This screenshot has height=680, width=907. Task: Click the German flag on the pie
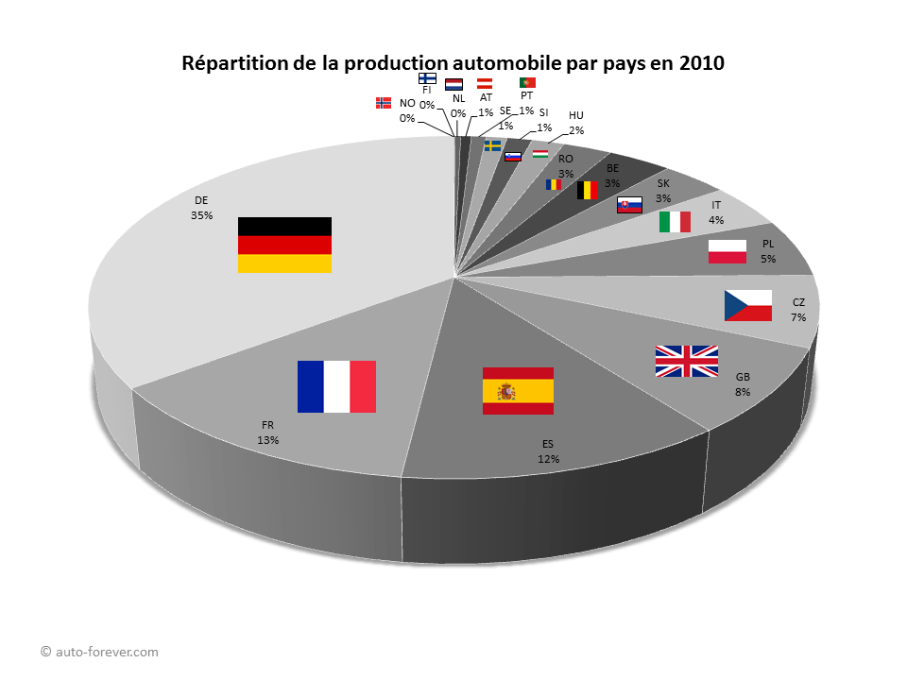click(x=284, y=245)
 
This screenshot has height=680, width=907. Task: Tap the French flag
click(x=336, y=386)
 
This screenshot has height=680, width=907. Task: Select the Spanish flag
click(x=518, y=390)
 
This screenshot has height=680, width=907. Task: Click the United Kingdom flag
click(x=687, y=361)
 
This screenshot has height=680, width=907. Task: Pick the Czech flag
click(x=748, y=305)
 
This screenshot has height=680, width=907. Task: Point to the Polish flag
click(x=727, y=252)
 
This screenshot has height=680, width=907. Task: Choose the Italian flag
click(x=675, y=222)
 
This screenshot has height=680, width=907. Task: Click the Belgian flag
click(x=588, y=190)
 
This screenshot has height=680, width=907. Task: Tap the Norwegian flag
click(x=384, y=103)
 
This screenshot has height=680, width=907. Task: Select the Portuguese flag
click(x=527, y=82)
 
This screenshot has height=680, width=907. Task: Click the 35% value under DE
click(x=201, y=215)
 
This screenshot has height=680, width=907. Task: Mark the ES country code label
click(x=548, y=444)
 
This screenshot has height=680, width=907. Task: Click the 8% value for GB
click(x=743, y=391)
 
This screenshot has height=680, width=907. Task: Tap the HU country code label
click(x=576, y=115)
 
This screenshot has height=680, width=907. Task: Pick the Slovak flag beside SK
click(x=630, y=204)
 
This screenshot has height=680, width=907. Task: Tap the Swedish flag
click(x=492, y=145)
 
